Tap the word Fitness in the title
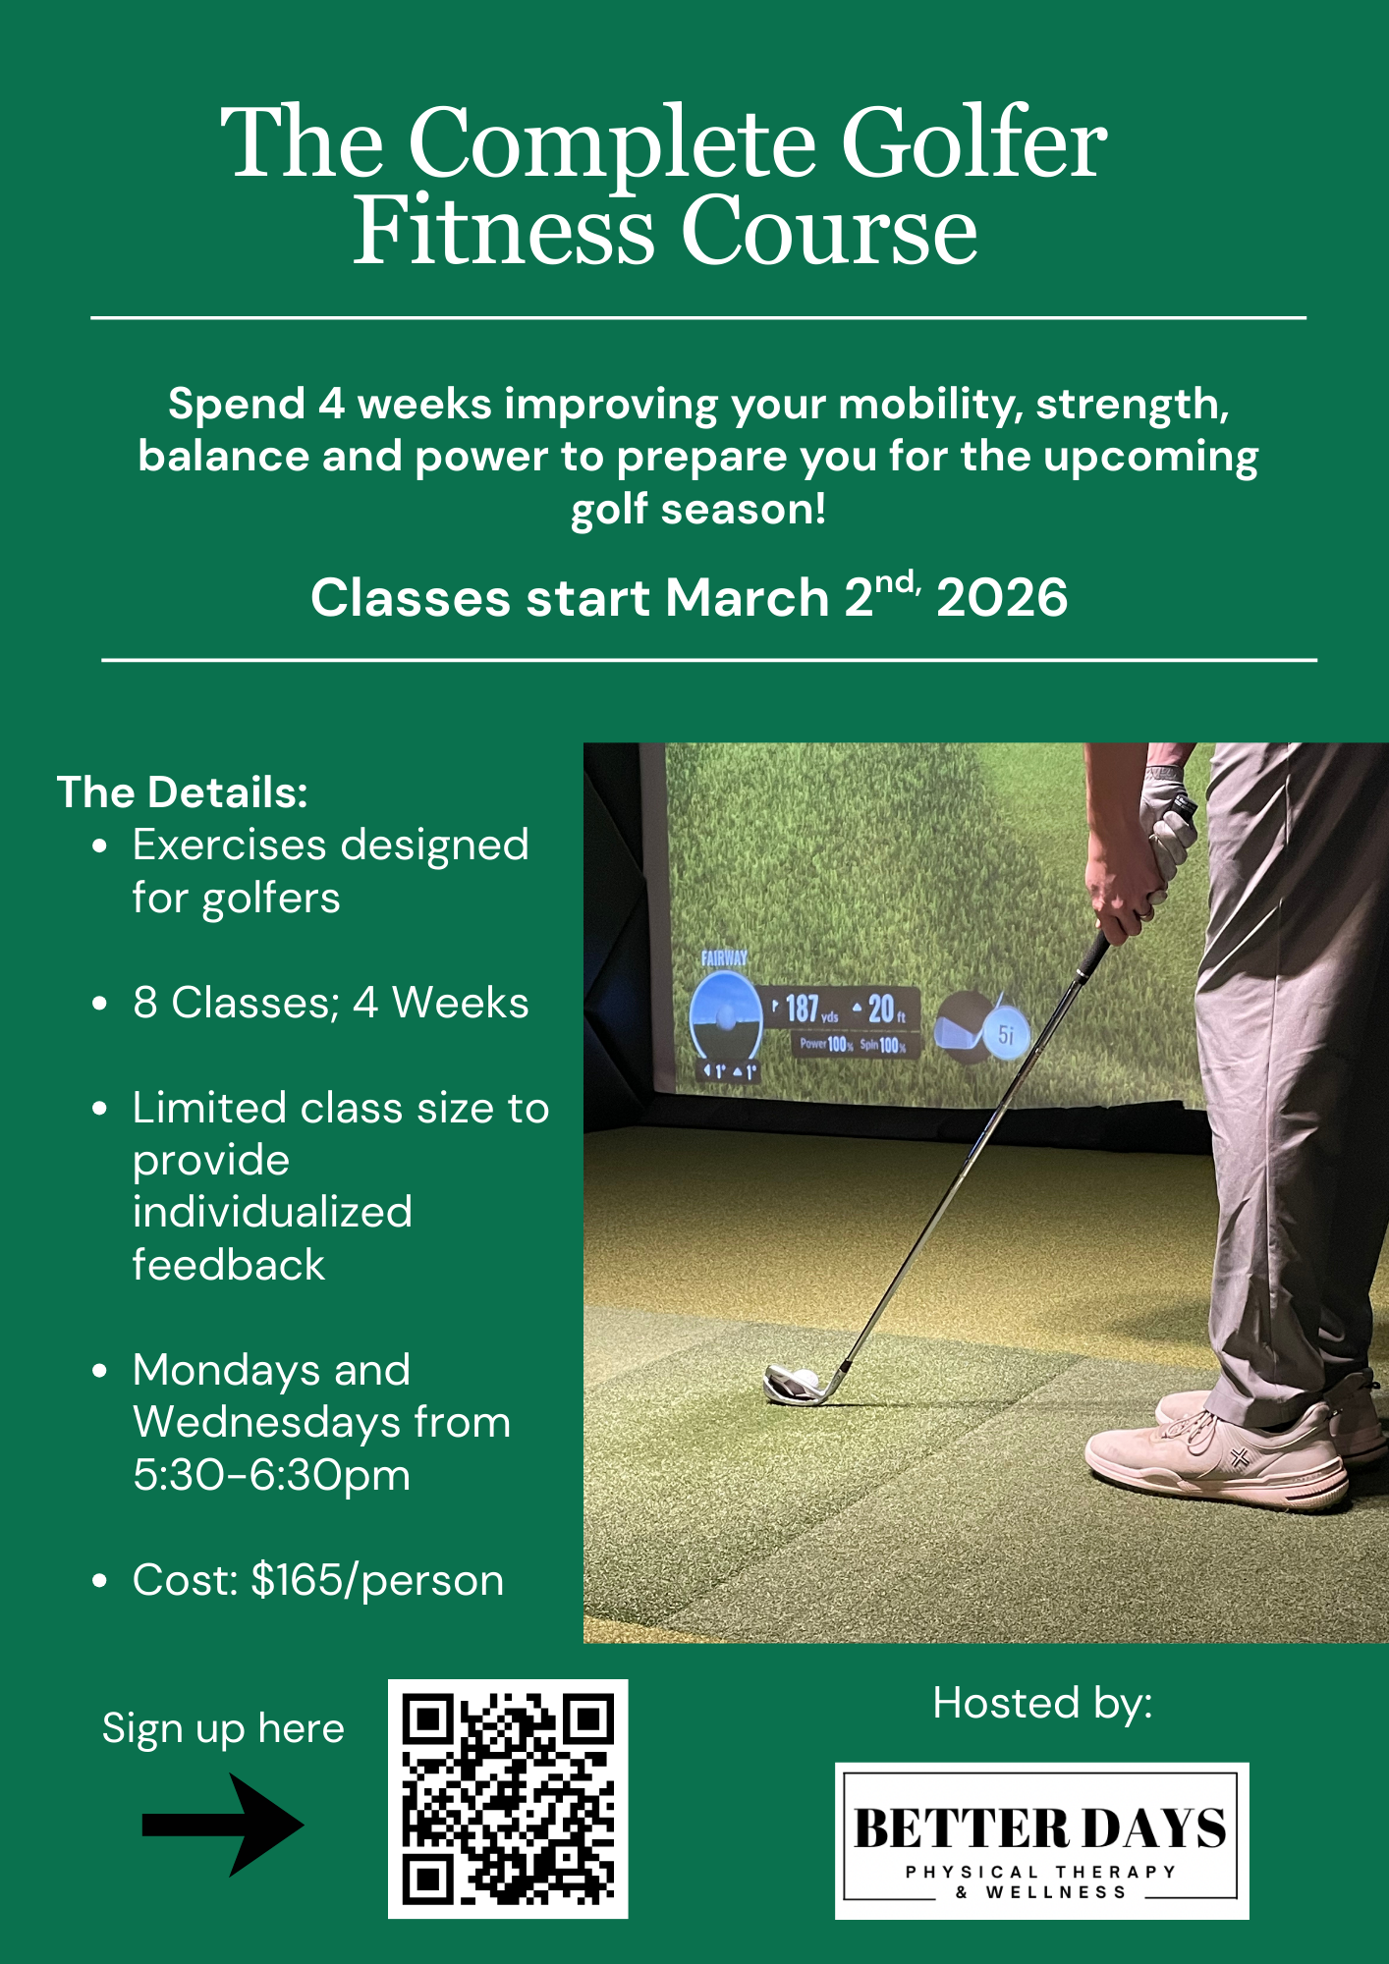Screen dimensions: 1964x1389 pos(503,232)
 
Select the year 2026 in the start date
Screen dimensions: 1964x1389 pos(1002,598)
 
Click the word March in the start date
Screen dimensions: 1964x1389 pos(747,598)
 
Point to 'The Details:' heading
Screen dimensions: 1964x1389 pos(183,792)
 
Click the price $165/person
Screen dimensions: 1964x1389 pos(376,1580)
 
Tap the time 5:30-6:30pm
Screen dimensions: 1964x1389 pos(271,1475)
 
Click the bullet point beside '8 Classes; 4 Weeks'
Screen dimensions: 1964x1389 pos(99,1004)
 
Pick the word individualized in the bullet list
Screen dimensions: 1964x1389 pos(272,1213)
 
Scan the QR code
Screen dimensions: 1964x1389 pos(508,1799)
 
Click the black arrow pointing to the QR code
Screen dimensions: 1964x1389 pos(223,1825)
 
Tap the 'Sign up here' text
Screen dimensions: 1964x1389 pos(223,1728)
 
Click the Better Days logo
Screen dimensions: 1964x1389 pos(1041,1840)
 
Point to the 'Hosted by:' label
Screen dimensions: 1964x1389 pos(1042,1703)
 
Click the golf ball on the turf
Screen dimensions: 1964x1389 pos(804,1381)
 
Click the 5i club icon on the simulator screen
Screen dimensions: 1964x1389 pos(1005,1034)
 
